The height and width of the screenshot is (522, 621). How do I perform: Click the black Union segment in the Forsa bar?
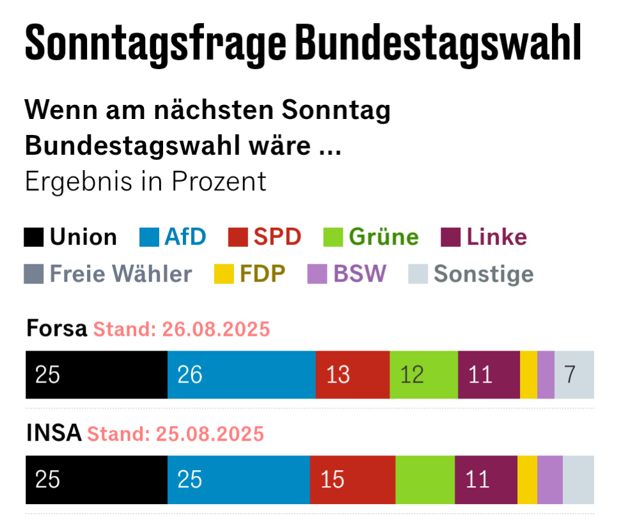click(96, 375)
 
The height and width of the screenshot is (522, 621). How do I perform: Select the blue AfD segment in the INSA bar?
click(238, 480)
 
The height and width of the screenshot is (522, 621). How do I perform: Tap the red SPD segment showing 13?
click(352, 375)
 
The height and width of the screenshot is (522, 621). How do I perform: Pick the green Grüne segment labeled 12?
click(423, 375)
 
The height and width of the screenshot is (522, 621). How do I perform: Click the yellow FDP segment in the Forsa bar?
click(528, 375)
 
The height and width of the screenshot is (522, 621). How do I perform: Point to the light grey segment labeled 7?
click(574, 375)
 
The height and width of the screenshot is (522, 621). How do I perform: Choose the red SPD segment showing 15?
click(352, 480)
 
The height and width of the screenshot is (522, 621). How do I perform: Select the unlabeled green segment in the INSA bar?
click(425, 480)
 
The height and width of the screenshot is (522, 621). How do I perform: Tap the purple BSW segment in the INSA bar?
click(549, 480)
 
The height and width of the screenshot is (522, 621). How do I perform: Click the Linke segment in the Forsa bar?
click(489, 375)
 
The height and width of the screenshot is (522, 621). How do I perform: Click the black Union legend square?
click(34, 237)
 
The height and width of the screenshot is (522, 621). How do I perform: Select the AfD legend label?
click(185, 237)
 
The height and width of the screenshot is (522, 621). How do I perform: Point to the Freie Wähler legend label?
click(120, 274)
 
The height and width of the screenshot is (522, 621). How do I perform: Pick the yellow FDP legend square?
click(223, 274)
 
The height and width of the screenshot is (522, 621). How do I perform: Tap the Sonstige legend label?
click(483, 274)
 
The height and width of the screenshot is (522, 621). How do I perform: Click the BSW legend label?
click(359, 274)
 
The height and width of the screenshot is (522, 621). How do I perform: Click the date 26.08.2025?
click(216, 330)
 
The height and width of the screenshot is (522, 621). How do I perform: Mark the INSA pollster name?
click(54, 434)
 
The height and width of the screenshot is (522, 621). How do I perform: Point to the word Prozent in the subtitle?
click(218, 182)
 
